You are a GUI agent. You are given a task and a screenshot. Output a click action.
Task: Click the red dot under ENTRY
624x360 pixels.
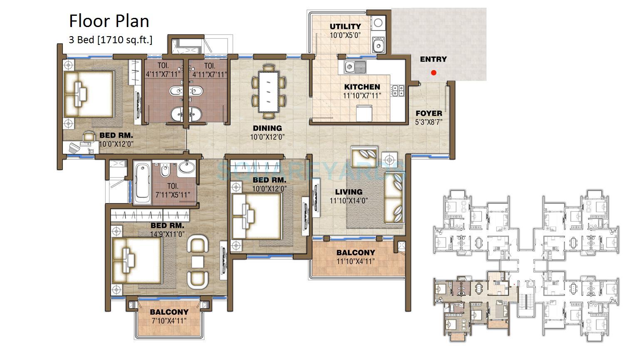(x=433, y=73)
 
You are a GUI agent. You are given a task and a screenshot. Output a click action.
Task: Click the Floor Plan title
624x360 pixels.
(x=109, y=21)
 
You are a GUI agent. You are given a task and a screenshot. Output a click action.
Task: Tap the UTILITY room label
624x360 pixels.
(x=345, y=26)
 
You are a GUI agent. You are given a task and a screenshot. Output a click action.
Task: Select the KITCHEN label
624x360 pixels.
(x=362, y=87)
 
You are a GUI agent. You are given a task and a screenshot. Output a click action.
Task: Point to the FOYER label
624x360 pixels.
(x=429, y=113)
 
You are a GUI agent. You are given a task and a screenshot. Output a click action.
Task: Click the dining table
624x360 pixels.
(x=269, y=91)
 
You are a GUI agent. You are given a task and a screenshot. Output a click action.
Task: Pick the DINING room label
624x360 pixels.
(x=267, y=128)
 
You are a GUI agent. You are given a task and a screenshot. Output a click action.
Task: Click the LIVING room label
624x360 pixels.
(x=349, y=192)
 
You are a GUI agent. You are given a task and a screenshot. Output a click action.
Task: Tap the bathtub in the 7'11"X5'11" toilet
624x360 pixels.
(x=142, y=182)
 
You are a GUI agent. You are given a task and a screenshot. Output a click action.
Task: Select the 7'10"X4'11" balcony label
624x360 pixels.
(x=169, y=321)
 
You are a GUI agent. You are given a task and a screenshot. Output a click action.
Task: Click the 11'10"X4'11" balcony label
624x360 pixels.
(x=356, y=261)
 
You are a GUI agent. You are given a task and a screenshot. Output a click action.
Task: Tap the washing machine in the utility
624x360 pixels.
(x=378, y=23)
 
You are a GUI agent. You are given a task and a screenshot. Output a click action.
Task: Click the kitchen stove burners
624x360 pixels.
(x=398, y=91)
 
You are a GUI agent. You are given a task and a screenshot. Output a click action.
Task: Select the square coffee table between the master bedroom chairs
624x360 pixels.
(x=198, y=262)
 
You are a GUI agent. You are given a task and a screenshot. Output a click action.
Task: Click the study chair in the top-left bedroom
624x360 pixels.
(x=89, y=136)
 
